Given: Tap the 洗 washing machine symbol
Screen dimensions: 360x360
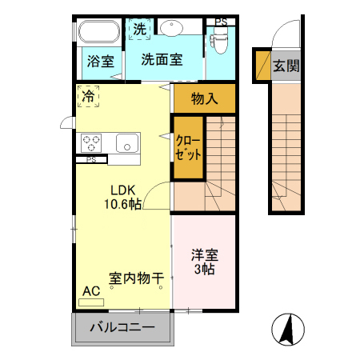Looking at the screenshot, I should point(140,28).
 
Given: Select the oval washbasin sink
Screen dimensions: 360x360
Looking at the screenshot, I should point(173,28).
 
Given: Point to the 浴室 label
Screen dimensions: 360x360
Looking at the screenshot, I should point(99,60).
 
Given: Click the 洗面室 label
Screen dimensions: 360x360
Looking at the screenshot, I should point(162,58).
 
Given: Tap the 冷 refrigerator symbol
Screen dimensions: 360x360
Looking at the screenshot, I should point(87,95).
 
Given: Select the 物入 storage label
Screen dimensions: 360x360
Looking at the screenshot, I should point(205,99).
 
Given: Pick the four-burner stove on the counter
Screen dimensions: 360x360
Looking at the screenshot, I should point(91,143).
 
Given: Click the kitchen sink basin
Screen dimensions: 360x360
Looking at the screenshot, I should point(127,143).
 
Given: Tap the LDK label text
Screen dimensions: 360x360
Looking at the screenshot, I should point(123,190).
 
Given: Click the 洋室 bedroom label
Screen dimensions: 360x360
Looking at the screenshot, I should point(203,256).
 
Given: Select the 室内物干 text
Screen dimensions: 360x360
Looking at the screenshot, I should point(136,278).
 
